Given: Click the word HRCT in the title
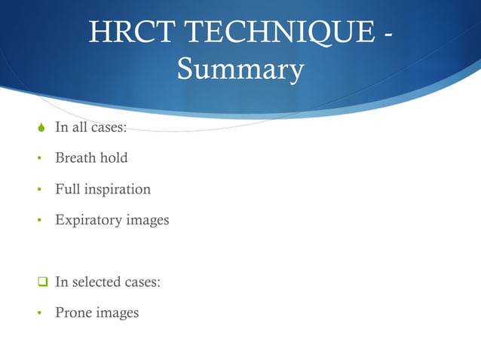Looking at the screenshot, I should coord(130,33).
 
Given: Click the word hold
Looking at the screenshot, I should coord(113,157).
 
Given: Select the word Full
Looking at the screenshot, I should coord(66,188).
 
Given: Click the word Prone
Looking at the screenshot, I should coord(73,312).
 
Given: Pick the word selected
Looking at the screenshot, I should coord(96,282).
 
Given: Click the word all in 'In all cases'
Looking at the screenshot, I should coord(79,127).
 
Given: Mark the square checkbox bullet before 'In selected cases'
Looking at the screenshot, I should coord(42,282).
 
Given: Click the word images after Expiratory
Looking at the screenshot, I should coord(147,221).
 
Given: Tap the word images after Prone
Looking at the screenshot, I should coord(118,313).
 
